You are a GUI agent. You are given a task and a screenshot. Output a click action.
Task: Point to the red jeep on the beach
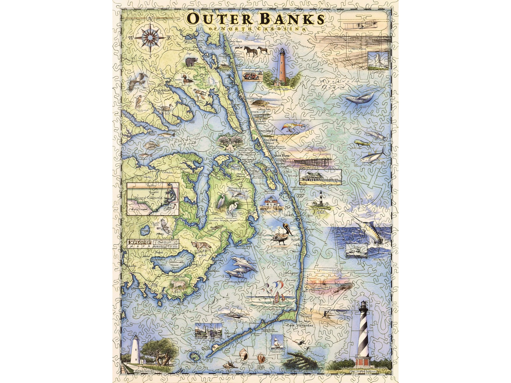click(x=249, y=76)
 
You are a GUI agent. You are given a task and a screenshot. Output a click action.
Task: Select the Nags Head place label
click(x=281, y=155)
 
